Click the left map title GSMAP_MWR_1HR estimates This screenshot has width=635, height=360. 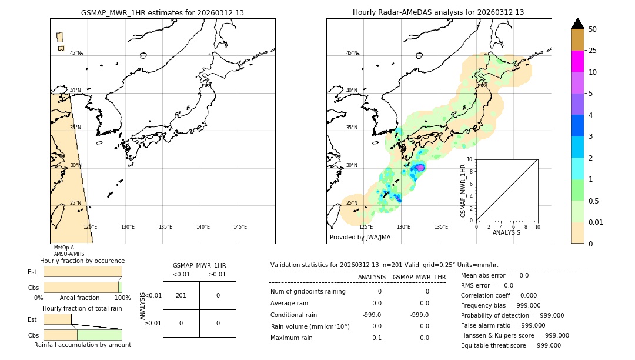click(162, 12)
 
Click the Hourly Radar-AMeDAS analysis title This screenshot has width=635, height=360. click(438, 12)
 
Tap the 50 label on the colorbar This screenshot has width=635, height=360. click(593, 29)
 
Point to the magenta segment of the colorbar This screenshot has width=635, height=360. click(577, 61)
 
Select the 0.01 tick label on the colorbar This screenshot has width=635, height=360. click(596, 222)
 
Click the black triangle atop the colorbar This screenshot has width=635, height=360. click(577, 24)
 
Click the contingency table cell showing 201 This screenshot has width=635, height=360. click(181, 295)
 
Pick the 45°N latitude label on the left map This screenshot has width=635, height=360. click(76, 53)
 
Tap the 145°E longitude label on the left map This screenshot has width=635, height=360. click(240, 227)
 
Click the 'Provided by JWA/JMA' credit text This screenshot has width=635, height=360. click(360, 238)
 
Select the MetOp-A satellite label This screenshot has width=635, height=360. click(64, 248)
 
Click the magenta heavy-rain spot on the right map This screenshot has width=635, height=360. click(420, 168)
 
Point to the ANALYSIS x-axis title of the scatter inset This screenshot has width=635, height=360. click(506, 232)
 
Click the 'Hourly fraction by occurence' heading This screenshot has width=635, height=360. click(82, 261)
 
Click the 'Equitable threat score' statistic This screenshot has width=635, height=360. click(510, 345)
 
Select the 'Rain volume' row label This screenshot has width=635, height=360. click(310, 326)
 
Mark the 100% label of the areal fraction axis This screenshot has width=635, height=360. click(122, 298)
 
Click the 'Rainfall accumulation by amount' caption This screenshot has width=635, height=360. click(82, 345)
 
